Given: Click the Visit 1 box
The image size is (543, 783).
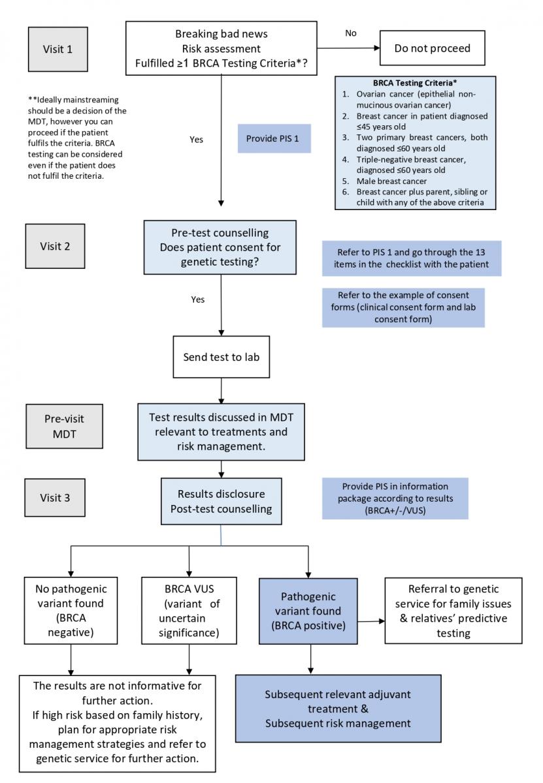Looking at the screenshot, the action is coord(58,50).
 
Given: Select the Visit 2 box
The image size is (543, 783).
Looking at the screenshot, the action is coord(55,246).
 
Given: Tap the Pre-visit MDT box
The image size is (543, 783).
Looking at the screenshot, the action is coord(65,426).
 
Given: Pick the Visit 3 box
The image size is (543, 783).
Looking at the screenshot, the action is coord(55,497).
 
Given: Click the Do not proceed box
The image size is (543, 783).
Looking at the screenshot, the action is coord(433,48).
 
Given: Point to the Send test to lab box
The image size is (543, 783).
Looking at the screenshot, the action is coord(222,357).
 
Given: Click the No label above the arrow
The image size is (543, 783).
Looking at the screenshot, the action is coord(350,33).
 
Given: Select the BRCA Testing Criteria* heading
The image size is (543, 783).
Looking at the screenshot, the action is coord(415,83).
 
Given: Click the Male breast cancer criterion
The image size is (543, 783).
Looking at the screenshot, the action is coord(391,181).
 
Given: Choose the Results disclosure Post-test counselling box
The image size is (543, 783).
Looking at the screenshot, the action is coord(222,501).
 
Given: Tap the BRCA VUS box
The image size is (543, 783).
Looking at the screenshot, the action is coord(189,610).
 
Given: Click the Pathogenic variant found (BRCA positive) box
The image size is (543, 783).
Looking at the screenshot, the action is coord(308,611).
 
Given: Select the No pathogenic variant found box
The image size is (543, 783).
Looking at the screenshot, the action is coord(71,610).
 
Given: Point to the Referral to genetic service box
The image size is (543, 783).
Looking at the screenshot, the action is coord(453,610).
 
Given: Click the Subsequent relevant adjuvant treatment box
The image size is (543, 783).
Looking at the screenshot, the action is coord(338,709).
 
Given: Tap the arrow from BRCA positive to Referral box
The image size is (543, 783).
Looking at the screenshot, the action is coord(371,621).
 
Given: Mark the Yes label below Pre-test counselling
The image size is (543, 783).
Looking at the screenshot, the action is coord(198,299).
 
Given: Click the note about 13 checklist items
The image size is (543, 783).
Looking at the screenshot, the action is coord(412,258).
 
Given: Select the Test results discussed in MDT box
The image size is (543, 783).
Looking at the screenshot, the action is coord(222,432).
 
